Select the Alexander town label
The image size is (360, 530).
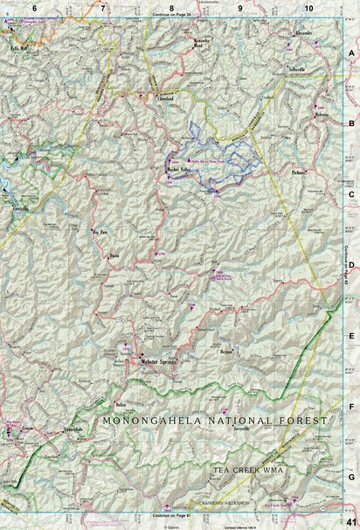304,33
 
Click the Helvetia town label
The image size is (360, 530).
325,115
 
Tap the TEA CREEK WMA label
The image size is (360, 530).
248,470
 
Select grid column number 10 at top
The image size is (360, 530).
308,7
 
